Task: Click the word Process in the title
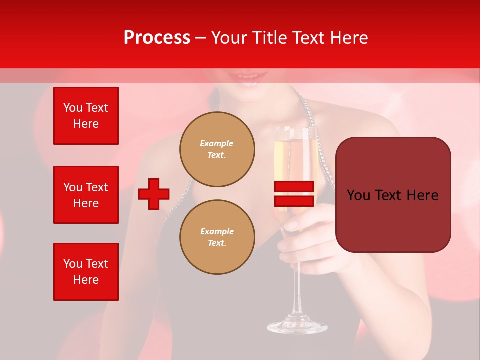(x=157, y=38)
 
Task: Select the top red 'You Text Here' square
(x=86, y=116)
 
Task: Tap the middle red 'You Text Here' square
(x=86, y=195)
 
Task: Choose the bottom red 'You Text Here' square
(x=86, y=272)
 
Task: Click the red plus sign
(x=154, y=194)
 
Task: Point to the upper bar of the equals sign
(x=294, y=186)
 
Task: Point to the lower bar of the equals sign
(x=294, y=201)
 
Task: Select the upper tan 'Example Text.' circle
(x=217, y=149)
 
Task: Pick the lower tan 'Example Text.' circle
(x=217, y=237)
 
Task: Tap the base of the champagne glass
(x=297, y=327)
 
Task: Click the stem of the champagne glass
(x=298, y=290)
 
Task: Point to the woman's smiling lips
(x=247, y=78)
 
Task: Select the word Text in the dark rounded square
(x=393, y=195)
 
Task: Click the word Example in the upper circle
(x=217, y=143)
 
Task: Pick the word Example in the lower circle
(x=217, y=231)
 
